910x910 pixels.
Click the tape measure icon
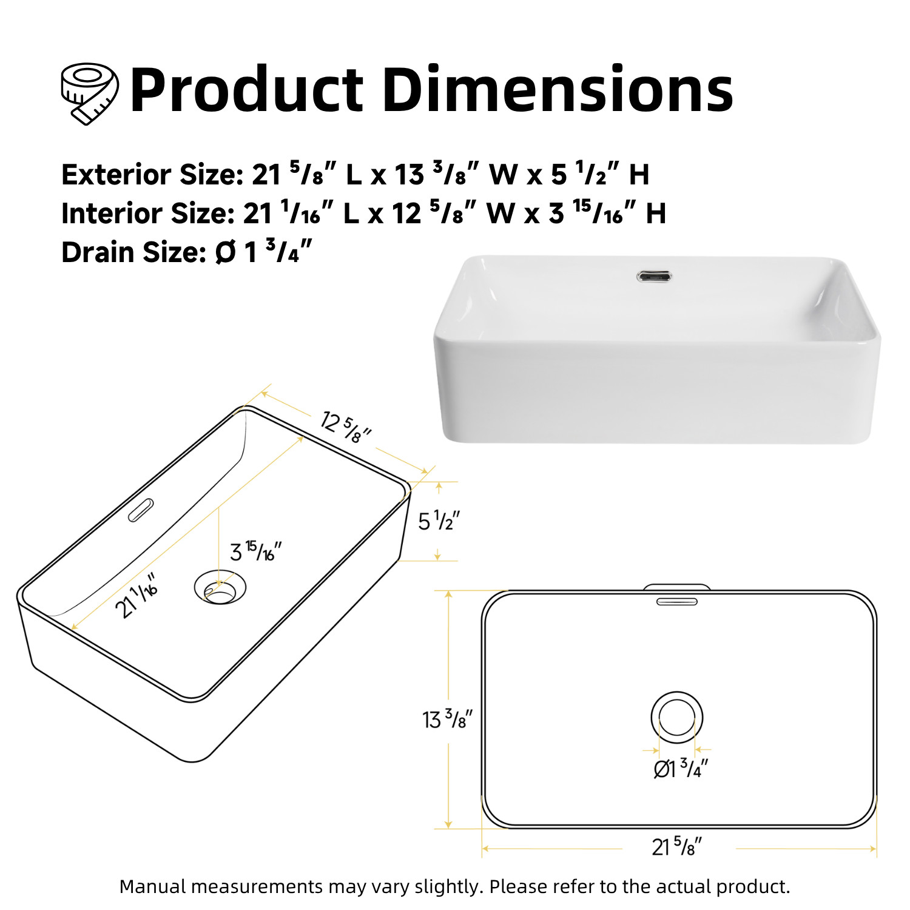click(89, 93)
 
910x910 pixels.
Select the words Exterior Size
click(152, 175)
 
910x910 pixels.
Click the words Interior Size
click(147, 214)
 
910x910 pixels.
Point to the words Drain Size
click(134, 252)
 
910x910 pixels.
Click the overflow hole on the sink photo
click(653, 277)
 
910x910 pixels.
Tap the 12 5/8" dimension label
click(345, 426)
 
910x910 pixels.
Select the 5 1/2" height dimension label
click(439, 521)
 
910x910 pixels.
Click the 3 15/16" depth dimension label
click(255, 551)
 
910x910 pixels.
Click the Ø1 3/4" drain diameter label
click(680, 769)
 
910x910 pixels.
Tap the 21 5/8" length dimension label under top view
click(676, 846)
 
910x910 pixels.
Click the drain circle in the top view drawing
click(676, 717)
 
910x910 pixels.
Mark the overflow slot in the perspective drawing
click(140, 510)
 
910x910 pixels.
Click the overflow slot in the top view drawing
click(676, 601)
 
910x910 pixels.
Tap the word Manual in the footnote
click(153, 887)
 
